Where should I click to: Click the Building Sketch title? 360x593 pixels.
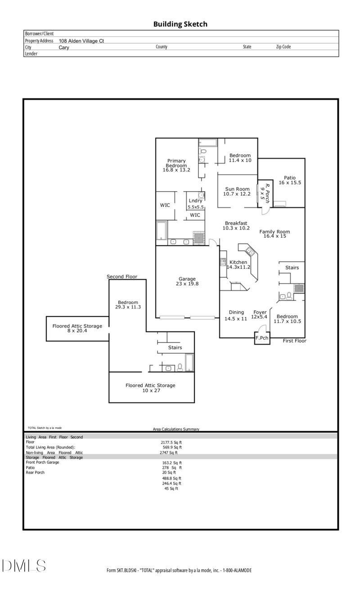tap(180, 24)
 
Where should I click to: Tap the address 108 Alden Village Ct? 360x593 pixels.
tap(81, 41)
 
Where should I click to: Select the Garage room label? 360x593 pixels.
tap(187, 281)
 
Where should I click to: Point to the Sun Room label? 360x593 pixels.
tap(237, 191)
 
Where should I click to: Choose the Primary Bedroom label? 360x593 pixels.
tap(176, 165)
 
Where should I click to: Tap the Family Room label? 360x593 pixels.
tap(274, 234)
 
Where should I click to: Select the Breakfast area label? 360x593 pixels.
tap(236, 226)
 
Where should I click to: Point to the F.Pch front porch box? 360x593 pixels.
tap(262, 338)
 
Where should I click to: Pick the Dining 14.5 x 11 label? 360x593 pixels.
tap(236, 315)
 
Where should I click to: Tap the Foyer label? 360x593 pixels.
tap(260, 314)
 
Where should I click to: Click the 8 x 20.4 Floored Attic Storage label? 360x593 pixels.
tap(77, 328)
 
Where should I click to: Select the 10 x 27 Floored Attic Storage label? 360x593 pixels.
tap(150, 388)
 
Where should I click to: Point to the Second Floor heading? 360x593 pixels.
tap(122, 276)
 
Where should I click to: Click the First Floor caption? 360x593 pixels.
tap(294, 341)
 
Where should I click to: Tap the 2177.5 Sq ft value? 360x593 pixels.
tap(171, 442)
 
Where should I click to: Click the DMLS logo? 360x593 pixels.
tap(24, 566)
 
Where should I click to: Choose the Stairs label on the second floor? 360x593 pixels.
tap(175, 348)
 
